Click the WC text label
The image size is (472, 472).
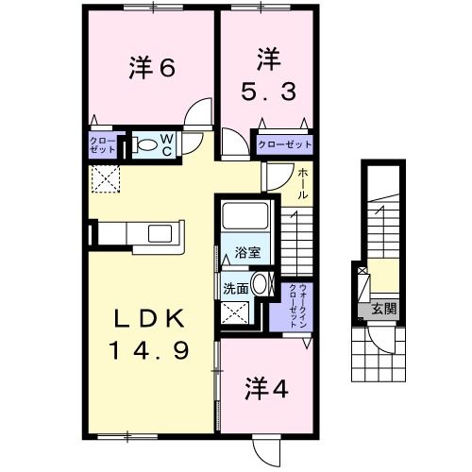point(166,144)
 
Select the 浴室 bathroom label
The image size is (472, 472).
point(248,252)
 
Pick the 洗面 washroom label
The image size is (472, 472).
point(236,288)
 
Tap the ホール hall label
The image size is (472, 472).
point(302,181)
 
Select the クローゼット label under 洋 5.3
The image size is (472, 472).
point(284,144)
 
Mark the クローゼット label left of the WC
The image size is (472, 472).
point(102,145)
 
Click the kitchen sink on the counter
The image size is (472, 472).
point(158,233)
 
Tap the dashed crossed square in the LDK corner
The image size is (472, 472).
point(103,177)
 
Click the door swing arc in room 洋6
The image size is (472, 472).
point(198,116)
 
